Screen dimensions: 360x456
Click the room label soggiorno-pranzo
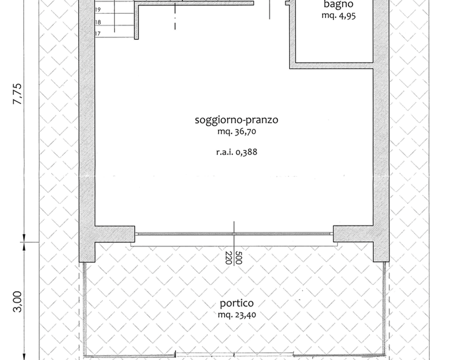236,120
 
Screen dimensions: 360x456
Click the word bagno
338,5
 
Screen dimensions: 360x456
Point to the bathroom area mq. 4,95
338,15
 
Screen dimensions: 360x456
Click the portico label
236,303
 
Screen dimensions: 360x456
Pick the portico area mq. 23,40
236,315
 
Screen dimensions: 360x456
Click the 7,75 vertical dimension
18,93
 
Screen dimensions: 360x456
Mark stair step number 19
98,10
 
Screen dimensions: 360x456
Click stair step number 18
98,22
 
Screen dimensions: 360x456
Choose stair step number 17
98,33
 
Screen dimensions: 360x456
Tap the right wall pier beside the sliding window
353,233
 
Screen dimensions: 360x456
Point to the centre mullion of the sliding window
234,233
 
